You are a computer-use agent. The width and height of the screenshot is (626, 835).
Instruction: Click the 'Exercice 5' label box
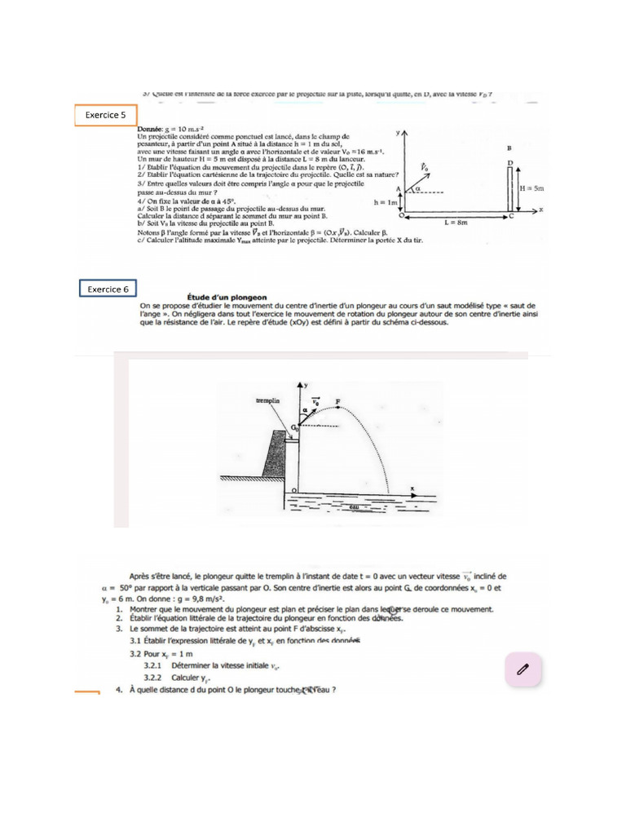tap(105, 116)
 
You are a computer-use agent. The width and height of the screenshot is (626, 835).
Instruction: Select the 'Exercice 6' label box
tap(108, 289)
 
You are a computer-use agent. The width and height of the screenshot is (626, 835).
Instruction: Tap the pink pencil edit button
tap(523, 669)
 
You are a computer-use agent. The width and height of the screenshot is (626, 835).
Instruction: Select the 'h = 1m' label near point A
tap(385, 201)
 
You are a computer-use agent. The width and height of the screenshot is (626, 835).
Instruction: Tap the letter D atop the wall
tap(509, 163)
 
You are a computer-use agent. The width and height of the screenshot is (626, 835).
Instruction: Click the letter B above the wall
tap(509, 148)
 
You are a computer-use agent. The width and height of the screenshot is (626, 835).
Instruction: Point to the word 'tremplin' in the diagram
tap(268, 401)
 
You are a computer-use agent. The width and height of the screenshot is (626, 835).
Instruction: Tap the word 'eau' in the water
tap(354, 507)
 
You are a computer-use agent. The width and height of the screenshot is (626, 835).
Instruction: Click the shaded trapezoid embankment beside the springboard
tap(274, 457)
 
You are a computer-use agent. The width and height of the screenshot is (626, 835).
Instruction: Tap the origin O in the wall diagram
tap(399, 217)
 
